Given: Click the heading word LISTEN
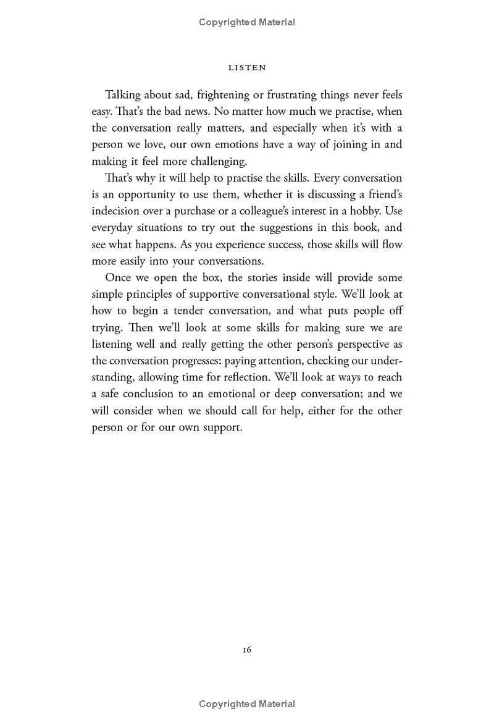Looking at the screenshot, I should [x=247, y=67].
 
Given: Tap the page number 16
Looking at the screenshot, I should [x=246, y=649].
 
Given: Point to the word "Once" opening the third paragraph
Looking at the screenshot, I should [x=118, y=278].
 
